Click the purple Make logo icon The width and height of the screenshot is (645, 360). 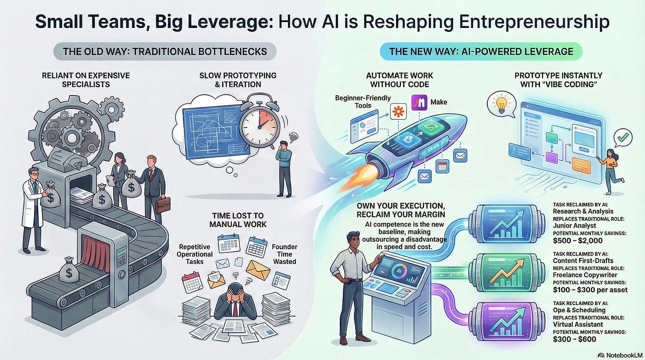pyautogui.click(x=419, y=102)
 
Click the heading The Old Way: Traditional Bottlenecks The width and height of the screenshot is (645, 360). pyautogui.click(x=165, y=52)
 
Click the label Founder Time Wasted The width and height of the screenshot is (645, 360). pyautogui.click(x=284, y=254)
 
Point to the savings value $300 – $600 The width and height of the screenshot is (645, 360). pyautogui.click(x=574, y=340)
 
